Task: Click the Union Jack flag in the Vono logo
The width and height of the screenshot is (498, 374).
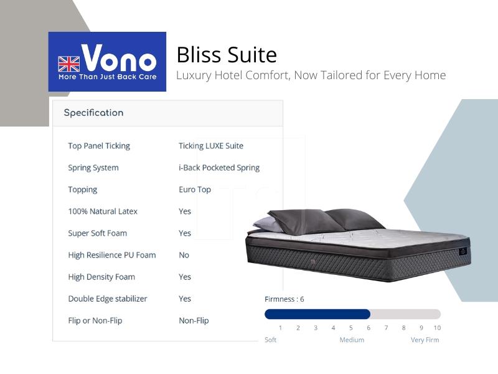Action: tap(69, 64)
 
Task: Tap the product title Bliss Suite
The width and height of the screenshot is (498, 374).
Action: tap(227, 55)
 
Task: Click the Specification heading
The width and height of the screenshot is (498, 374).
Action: tap(94, 113)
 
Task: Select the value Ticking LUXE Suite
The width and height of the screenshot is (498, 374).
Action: tap(211, 146)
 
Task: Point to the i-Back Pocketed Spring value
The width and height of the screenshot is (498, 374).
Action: tap(219, 168)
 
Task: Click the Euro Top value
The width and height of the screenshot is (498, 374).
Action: tap(195, 189)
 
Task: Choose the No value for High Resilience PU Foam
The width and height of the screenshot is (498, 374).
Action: tap(184, 255)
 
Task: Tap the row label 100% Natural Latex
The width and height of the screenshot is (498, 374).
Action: tap(103, 211)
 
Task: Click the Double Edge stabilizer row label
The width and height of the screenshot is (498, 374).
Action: tap(108, 299)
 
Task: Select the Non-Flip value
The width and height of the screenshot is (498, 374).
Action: tap(194, 320)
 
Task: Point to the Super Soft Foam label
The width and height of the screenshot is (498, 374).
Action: tap(98, 233)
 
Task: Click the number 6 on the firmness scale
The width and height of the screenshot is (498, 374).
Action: tap(369, 328)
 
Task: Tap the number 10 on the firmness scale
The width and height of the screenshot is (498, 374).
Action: tap(437, 328)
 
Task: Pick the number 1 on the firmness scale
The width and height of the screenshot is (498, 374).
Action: tap(281, 328)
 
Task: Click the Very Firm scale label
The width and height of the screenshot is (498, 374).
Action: tap(425, 340)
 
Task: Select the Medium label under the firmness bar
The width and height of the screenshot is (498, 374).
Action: tap(352, 340)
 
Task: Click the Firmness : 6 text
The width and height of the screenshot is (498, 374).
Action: tap(284, 299)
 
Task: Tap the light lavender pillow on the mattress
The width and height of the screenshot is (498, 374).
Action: tap(266, 224)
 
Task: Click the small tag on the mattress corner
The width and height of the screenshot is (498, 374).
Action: tap(463, 251)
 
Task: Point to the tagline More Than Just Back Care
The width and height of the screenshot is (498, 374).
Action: tap(107, 77)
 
